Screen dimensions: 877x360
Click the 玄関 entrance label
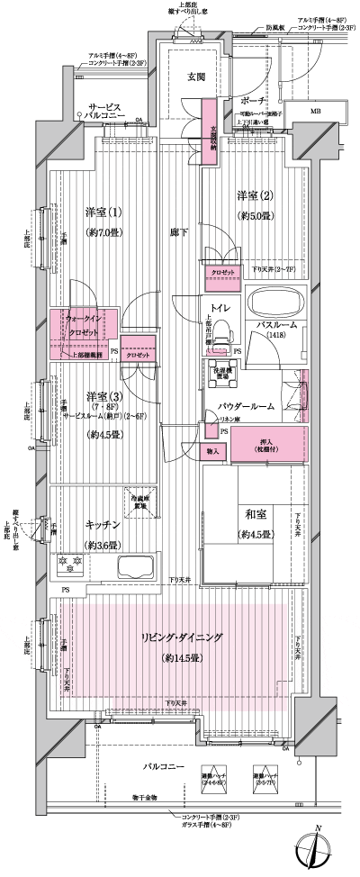(x=196, y=77)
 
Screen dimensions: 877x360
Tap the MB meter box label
(x=315, y=111)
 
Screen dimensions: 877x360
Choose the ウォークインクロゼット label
(x=84, y=325)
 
